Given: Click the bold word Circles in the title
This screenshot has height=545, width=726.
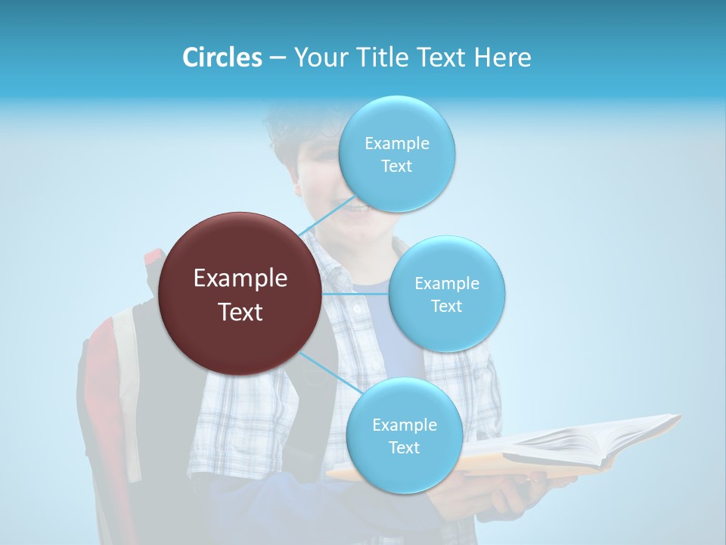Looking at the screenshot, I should [x=222, y=58].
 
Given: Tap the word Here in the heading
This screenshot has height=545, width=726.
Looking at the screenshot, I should [x=503, y=58].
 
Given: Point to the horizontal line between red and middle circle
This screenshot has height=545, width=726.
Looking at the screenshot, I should [x=355, y=294].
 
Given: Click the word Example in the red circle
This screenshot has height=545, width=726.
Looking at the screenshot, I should [x=240, y=279].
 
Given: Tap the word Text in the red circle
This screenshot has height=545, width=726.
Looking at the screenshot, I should [x=240, y=312].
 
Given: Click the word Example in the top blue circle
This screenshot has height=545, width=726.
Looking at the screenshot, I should [x=397, y=143].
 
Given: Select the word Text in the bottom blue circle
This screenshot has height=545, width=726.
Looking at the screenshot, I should [x=404, y=447].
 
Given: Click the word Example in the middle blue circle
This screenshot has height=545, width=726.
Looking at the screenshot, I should [x=447, y=283].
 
